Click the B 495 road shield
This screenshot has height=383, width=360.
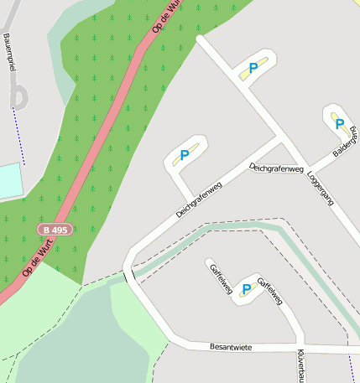click(55, 229)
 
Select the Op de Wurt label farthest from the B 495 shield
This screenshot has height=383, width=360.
click(167, 16)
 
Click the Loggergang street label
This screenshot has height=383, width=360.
click(321, 189)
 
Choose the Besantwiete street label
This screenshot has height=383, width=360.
click(231, 346)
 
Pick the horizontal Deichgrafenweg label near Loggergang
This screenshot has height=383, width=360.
click(276, 168)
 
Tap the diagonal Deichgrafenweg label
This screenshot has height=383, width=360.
click(198, 199)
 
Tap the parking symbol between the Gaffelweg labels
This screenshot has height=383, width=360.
click(246, 289)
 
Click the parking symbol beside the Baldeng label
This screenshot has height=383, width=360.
click(340, 124)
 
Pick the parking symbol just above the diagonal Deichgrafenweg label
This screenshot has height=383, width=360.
click(184, 155)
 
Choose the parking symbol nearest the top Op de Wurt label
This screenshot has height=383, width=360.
click(253, 68)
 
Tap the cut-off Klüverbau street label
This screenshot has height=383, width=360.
click(300, 365)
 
